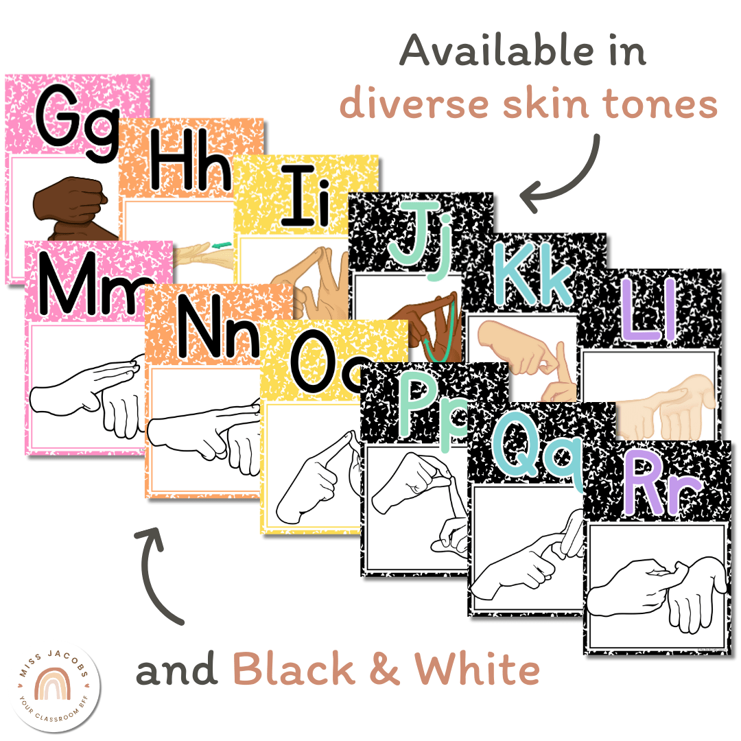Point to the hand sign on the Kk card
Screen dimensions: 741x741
point(528,357)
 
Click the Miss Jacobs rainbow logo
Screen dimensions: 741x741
point(56,686)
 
